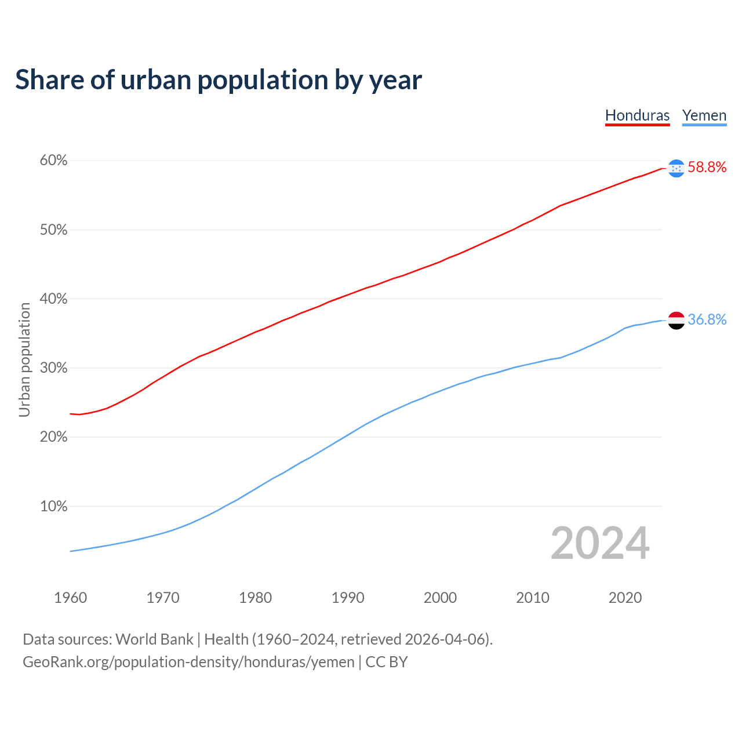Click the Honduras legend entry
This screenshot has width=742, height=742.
click(637, 115)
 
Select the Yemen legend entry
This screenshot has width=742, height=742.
click(704, 115)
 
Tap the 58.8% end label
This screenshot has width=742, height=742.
click(707, 168)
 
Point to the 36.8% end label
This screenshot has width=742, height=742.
click(707, 320)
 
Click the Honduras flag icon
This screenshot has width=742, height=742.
click(676, 168)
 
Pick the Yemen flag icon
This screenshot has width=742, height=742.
click(676, 320)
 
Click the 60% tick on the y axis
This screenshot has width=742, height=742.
click(53, 161)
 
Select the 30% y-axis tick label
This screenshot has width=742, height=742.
click(53, 368)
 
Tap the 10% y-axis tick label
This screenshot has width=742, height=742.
click(53, 507)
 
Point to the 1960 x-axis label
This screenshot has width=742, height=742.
click(70, 598)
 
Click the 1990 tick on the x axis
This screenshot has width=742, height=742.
click(348, 598)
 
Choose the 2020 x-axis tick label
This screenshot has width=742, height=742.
click(625, 598)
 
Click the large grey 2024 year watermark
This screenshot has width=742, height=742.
click(600, 543)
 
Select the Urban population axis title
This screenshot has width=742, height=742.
click(24, 359)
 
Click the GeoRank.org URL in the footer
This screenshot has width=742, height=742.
click(188, 662)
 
